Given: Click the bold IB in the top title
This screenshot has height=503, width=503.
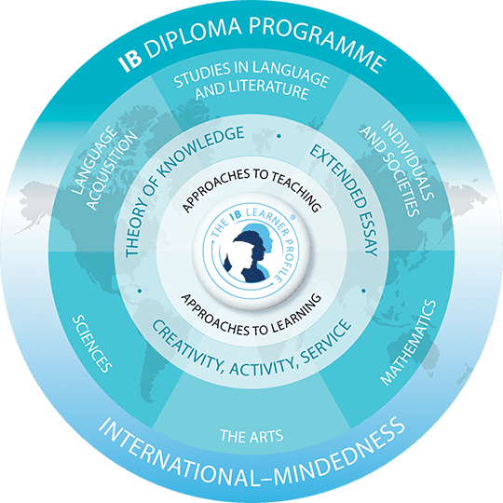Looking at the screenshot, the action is click(129, 61).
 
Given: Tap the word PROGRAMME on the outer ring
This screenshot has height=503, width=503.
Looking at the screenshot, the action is click(318, 42).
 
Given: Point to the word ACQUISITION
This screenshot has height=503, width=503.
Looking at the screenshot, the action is click(113, 170).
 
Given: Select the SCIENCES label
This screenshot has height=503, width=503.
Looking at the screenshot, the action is click(91, 344).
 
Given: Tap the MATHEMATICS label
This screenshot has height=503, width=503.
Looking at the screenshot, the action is click(408, 342).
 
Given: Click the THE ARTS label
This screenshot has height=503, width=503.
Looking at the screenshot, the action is click(251, 436).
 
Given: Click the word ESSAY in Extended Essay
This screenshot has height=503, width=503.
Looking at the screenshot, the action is click(368, 233).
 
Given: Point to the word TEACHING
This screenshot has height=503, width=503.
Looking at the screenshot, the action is click(296, 191).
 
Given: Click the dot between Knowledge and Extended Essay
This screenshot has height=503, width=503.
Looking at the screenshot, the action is click(279, 136).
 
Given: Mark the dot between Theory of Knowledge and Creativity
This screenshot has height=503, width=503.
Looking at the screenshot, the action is click(140, 291).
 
